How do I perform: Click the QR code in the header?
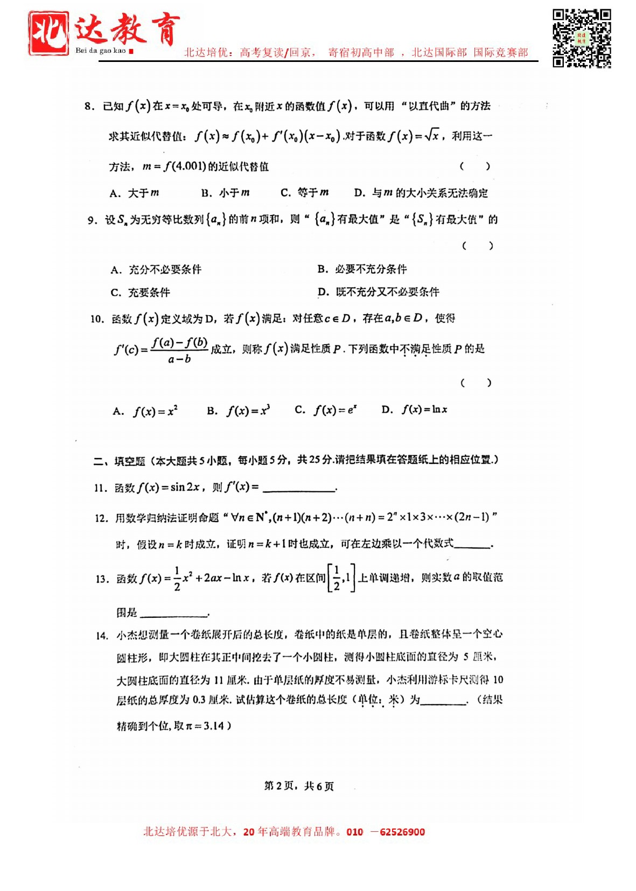point(582,38)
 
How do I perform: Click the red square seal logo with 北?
point(49,33)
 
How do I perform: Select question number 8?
point(89,106)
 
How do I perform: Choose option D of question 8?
point(421,193)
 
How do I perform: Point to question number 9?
point(93,220)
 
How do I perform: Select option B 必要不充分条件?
point(362,269)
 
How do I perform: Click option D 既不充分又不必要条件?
point(378,292)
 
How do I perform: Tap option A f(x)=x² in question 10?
point(145,411)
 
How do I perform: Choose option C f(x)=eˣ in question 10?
point(326,410)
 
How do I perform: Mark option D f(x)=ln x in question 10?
point(414,410)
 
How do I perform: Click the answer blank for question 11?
point(299,488)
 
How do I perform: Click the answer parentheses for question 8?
point(474,166)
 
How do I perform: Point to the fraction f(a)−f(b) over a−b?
point(179,350)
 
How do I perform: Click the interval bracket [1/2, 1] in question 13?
point(341,579)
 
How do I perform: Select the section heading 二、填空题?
point(119,461)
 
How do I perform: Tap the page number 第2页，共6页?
point(299,786)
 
